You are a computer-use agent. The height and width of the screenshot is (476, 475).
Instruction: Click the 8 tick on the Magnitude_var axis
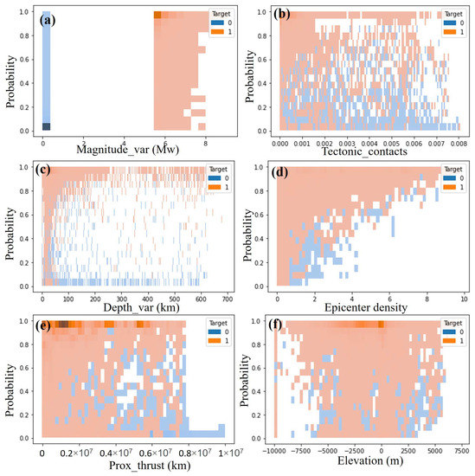point(204,140)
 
